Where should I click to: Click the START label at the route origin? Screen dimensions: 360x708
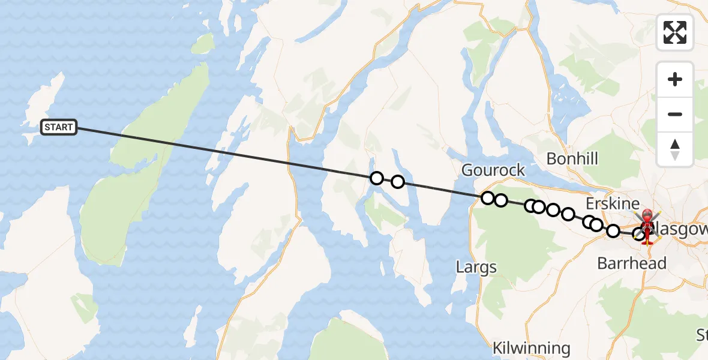(x=59, y=127)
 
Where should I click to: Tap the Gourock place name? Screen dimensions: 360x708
(x=493, y=170)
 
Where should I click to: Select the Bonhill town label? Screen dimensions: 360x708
(x=572, y=159)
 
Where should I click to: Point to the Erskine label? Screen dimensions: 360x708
(x=613, y=203)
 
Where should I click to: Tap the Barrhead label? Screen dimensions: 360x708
(x=632, y=263)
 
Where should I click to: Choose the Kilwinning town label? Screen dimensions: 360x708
(x=531, y=348)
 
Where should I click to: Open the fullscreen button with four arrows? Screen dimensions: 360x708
(x=675, y=32)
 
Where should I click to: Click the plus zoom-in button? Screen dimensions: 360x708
(x=675, y=79)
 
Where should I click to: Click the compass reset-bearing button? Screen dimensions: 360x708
(x=675, y=149)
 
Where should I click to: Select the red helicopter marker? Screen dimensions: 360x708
(x=647, y=226)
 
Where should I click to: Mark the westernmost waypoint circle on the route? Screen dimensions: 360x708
(x=377, y=178)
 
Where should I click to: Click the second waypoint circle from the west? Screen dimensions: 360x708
(x=397, y=182)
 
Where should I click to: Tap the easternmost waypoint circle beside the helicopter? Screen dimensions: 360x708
(x=640, y=235)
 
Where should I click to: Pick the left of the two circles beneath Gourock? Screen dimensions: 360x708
(x=488, y=198)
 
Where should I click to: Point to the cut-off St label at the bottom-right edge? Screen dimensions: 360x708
(x=701, y=334)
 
